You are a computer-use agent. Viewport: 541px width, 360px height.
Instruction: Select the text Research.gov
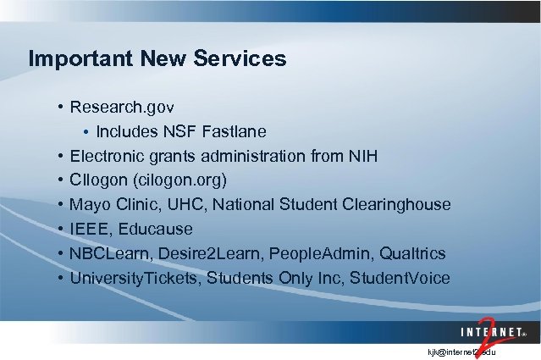point(122,108)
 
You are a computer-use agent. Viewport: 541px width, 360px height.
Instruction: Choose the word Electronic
point(108,157)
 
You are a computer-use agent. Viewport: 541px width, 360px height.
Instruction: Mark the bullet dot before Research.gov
point(62,108)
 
